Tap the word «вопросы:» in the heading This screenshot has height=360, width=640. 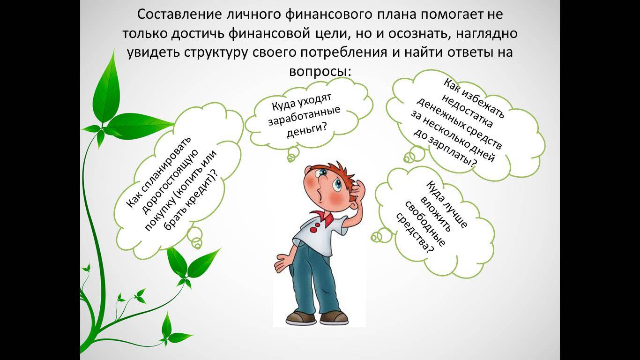pos(320,71)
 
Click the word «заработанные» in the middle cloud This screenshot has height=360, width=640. pos(304,115)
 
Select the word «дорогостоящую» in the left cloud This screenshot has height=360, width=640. pos(170,182)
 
